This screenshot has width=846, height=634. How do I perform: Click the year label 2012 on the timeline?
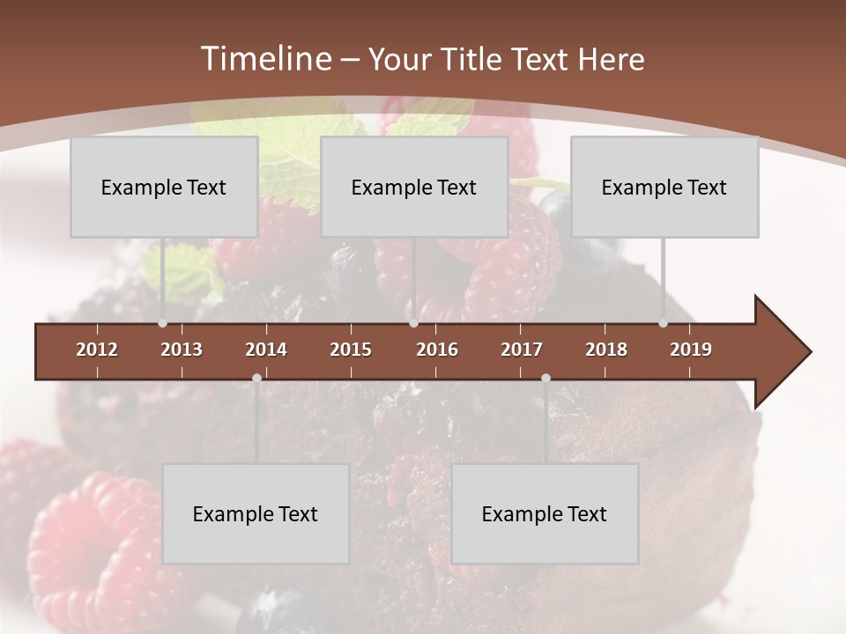click(97, 350)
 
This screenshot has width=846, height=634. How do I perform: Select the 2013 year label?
click(182, 350)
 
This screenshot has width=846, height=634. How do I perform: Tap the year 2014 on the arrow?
click(266, 350)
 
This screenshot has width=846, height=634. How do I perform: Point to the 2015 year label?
click(351, 350)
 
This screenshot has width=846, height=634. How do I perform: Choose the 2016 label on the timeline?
click(437, 350)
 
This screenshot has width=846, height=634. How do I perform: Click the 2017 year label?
click(522, 350)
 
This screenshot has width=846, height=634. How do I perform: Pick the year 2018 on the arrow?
click(606, 350)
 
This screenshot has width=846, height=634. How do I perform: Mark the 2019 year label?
click(691, 350)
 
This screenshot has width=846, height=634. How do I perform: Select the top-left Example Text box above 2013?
click(164, 188)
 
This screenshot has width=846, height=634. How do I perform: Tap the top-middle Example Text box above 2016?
click(414, 188)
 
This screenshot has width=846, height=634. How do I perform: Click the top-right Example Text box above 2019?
click(664, 188)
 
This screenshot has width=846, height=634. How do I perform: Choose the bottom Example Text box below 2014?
click(256, 514)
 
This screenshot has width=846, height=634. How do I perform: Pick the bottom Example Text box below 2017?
click(545, 514)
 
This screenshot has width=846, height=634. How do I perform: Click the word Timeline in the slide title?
click(264, 59)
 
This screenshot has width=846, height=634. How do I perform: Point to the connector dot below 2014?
click(256, 379)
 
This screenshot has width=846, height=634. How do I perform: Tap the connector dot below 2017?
click(545, 379)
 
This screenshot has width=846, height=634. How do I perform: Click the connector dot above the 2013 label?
click(162, 323)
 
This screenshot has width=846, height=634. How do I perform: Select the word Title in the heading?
click(476, 60)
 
